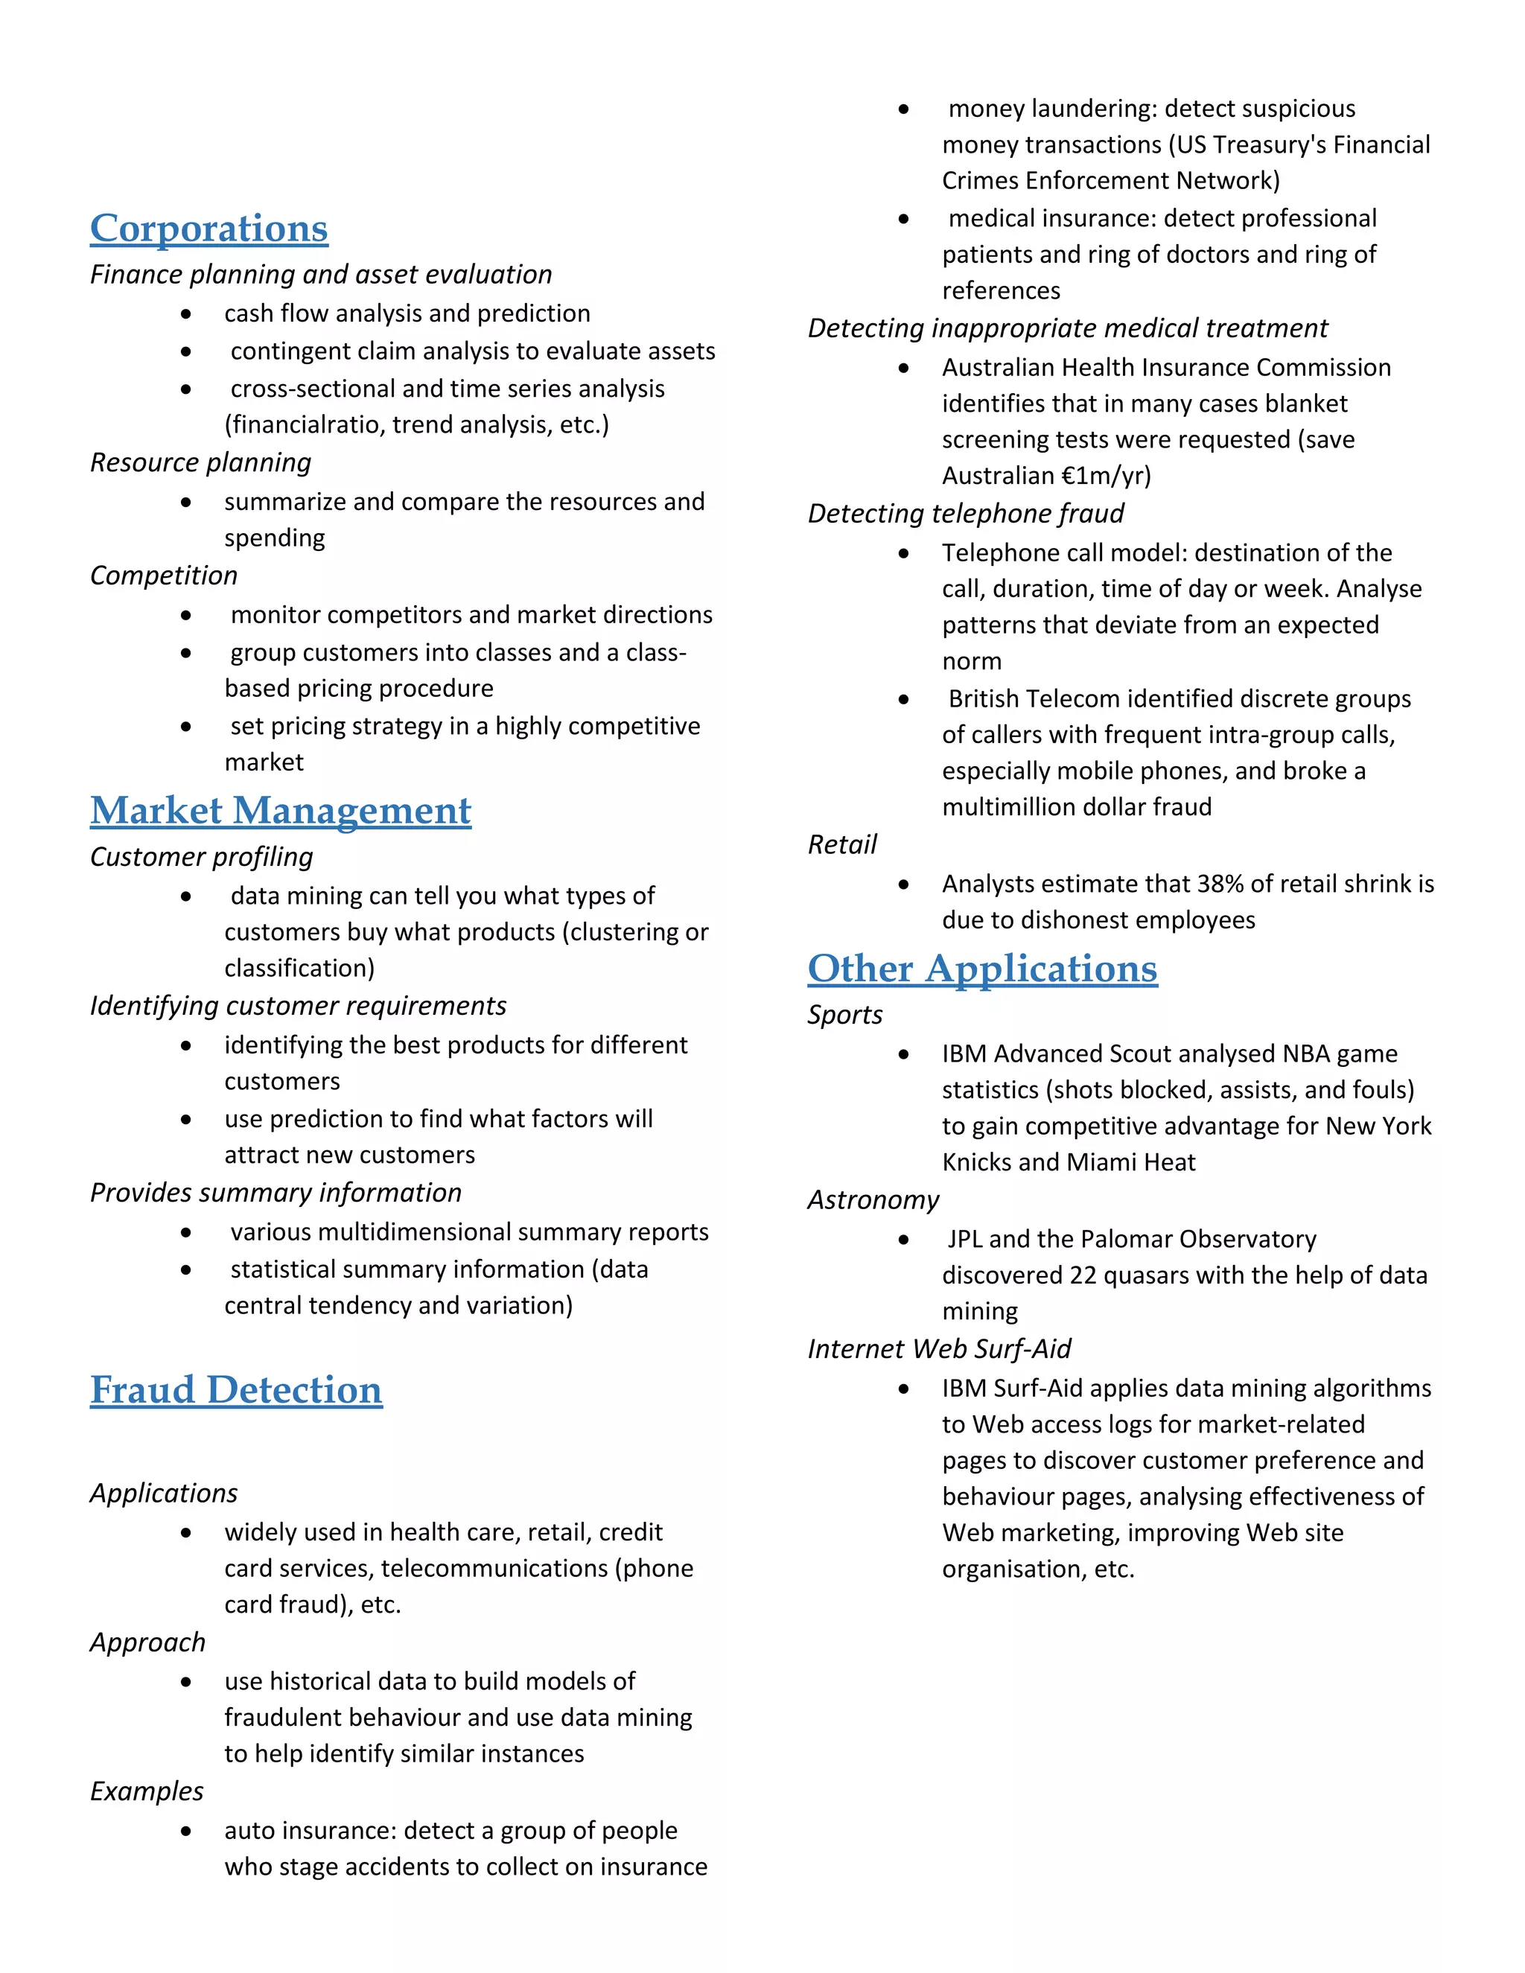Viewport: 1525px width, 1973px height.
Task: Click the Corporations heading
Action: [208, 229]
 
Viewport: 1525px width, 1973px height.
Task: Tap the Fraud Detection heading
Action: [236, 1389]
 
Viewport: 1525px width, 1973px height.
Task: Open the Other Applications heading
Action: [982, 969]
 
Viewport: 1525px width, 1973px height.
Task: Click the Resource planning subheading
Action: [200, 462]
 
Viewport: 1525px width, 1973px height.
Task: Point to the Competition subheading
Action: [164, 576]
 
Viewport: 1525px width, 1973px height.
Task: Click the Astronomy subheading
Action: [873, 1199]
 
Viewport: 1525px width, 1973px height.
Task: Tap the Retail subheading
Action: [842, 845]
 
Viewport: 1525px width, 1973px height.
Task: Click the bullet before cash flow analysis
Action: [186, 314]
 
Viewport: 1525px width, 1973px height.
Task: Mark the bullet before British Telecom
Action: [903, 699]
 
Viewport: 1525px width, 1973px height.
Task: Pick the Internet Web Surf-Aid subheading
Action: [939, 1349]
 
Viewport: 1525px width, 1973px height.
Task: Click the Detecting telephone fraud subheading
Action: [965, 514]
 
